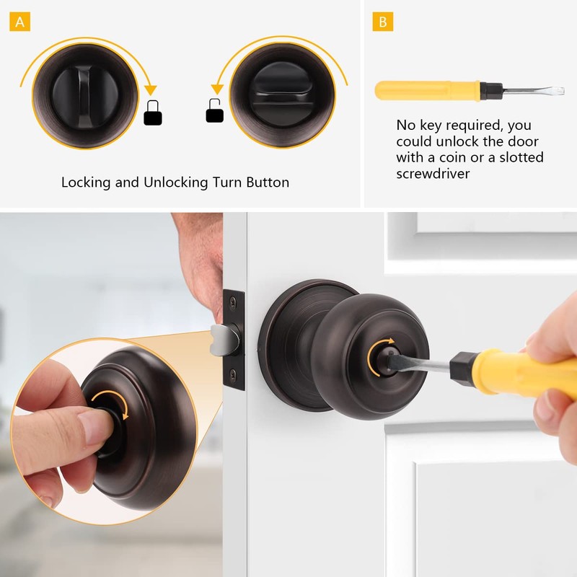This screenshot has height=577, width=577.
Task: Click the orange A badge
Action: click(20, 22)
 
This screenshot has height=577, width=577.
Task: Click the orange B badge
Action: click(382, 22)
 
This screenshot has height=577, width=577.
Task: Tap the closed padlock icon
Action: click(152, 113)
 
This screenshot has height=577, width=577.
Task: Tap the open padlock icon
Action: click(215, 112)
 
